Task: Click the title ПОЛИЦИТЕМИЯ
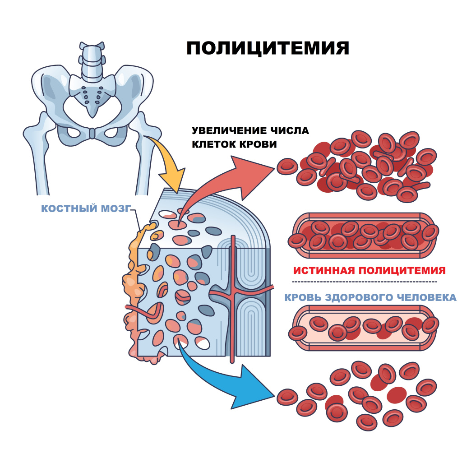(268, 48)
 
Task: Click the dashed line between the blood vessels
(365, 282)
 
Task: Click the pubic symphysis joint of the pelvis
(92, 133)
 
